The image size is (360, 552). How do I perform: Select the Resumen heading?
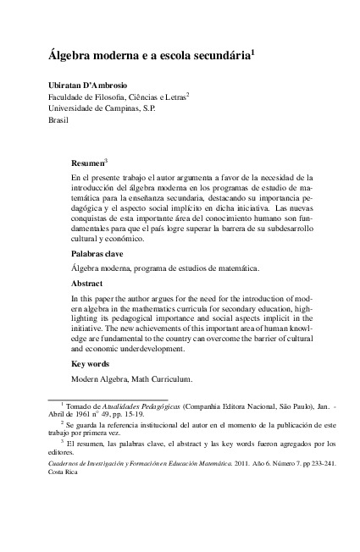point(86,163)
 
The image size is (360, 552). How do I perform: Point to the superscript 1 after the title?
point(253,52)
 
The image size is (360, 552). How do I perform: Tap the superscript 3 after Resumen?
point(105,159)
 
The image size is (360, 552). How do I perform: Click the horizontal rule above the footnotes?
point(108,398)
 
